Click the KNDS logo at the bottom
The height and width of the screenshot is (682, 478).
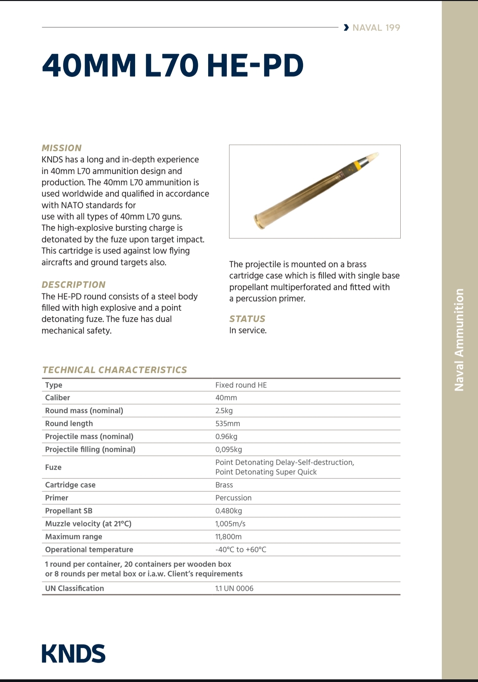click(x=73, y=654)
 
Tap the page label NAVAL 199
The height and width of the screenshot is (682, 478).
click(x=376, y=28)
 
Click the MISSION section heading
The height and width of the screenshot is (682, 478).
click(x=61, y=148)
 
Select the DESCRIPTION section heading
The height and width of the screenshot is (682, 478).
click(x=73, y=285)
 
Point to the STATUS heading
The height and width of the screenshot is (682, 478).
click(x=247, y=319)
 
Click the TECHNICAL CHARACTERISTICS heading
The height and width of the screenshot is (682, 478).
click(x=115, y=370)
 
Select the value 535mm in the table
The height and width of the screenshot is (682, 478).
click(x=227, y=424)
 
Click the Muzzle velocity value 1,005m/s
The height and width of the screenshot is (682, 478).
click(x=230, y=524)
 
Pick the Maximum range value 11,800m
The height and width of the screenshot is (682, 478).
click(x=228, y=537)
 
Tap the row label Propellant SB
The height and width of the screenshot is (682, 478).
click(x=69, y=511)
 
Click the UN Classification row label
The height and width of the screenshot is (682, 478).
click(x=74, y=588)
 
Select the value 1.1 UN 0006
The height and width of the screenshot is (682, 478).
click(x=234, y=588)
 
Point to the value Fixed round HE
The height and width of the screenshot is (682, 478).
click(x=241, y=385)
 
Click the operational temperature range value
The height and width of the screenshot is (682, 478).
click(x=241, y=550)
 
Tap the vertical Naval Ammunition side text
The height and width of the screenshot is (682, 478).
click(x=459, y=340)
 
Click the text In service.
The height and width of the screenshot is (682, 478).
click(x=248, y=330)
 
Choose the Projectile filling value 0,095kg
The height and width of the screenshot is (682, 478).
click(x=228, y=449)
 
